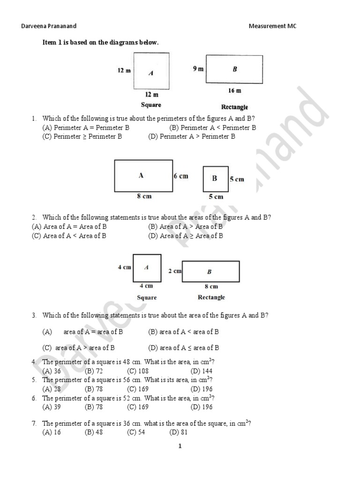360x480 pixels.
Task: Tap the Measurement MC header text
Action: click(x=272, y=26)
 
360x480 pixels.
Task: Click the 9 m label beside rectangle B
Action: click(x=198, y=69)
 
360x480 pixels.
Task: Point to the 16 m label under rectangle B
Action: click(x=235, y=90)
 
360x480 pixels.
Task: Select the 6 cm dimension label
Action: click(x=180, y=176)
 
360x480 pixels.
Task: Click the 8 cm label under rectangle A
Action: click(x=144, y=196)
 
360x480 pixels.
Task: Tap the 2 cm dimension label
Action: click(x=174, y=271)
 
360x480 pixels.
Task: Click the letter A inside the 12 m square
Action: click(x=150, y=73)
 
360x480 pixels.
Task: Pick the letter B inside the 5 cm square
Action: click(x=215, y=179)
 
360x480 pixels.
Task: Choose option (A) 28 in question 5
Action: click(x=52, y=389)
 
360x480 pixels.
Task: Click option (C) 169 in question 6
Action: click(x=137, y=407)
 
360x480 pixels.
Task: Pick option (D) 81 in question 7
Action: click(x=178, y=432)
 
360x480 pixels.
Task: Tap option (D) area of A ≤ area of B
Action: click(x=183, y=348)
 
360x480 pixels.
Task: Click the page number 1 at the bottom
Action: click(x=180, y=446)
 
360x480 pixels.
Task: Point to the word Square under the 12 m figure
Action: click(x=151, y=105)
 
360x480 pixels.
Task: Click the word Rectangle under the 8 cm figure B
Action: click(x=211, y=297)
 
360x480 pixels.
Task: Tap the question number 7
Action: click(x=34, y=423)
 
